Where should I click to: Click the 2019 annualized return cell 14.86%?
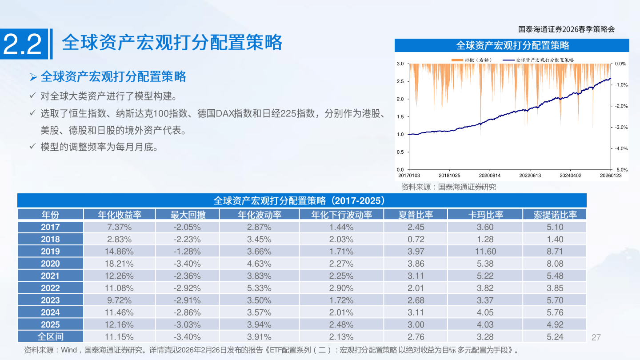(119, 252)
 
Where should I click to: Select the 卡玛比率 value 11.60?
(485, 252)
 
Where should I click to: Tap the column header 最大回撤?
(188, 215)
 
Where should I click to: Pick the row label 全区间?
(50, 336)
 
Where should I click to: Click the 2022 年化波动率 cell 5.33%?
(259, 288)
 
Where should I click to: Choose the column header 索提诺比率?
(555, 215)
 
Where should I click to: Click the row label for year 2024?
(50, 312)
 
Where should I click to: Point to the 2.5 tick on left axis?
(400, 81)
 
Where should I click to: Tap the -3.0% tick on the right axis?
(621, 128)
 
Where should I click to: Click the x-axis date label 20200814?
(489, 176)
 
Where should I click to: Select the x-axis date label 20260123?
(611, 176)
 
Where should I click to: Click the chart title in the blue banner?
(512, 45)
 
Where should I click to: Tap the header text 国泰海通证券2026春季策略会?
(566, 29)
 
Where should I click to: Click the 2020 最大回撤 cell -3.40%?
(187, 264)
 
